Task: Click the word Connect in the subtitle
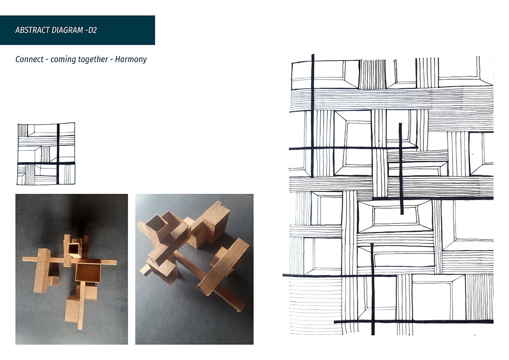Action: point(29,59)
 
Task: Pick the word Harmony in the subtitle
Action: point(131,59)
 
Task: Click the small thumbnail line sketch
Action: point(46,154)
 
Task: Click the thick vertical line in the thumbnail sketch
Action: point(58,154)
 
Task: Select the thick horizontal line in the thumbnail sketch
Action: point(46,163)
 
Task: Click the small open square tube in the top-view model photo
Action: point(75,250)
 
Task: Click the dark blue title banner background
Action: point(78,30)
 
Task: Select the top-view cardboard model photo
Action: point(72,269)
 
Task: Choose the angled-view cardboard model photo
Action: point(194,269)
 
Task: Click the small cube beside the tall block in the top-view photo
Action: point(54,281)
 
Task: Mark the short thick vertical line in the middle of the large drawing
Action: point(401,168)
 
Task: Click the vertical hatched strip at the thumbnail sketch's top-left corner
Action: point(23,130)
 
